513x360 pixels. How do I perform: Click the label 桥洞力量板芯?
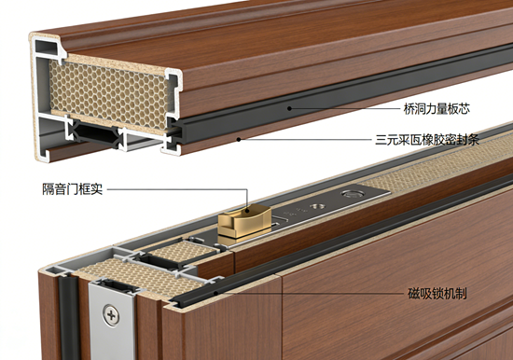pyautogui.click(x=437, y=109)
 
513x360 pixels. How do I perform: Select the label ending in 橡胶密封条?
pyautogui.click(x=427, y=140)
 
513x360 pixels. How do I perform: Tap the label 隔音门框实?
pyautogui.click(x=73, y=189)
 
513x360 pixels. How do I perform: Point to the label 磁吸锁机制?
pyautogui.click(x=437, y=293)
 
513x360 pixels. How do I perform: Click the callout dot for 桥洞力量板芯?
pyautogui.click(x=289, y=108)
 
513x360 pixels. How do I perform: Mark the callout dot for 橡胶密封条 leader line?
pyautogui.click(x=239, y=140)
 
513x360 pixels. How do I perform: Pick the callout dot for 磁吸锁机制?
pyautogui.click(x=216, y=293)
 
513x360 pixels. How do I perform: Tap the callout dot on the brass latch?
pyautogui.click(x=248, y=211)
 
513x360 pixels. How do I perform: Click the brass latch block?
pyautogui.click(x=244, y=221)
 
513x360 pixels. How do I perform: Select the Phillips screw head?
pyautogui.click(x=111, y=315)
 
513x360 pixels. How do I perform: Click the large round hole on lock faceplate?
pyautogui.click(x=353, y=194)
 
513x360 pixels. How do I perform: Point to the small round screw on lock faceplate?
pyautogui.click(x=317, y=206)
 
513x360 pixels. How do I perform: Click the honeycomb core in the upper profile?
pyautogui.click(x=108, y=94)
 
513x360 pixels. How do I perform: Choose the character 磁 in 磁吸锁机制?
pyautogui.click(x=413, y=293)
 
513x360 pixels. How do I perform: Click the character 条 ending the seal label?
pyautogui.click(x=474, y=140)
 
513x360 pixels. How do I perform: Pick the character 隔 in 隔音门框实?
pyautogui.click(x=49, y=189)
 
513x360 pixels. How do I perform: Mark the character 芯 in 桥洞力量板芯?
pyautogui.click(x=464, y=109)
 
